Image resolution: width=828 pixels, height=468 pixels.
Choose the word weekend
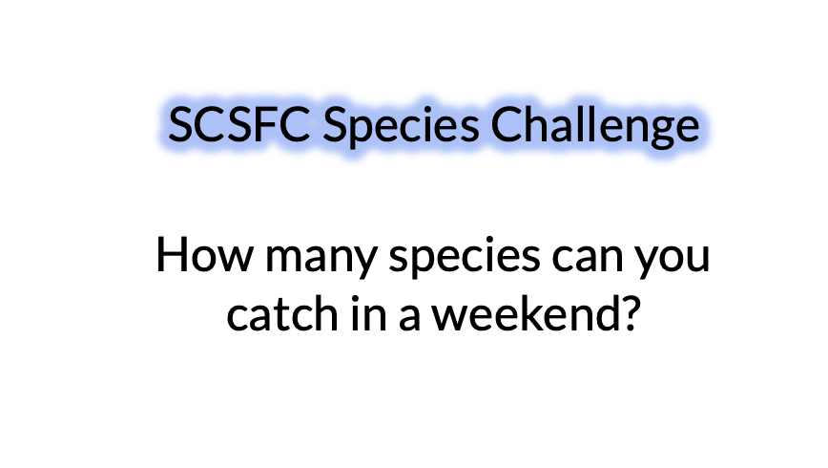tap(523, 311)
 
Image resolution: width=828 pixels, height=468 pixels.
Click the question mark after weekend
tap(623, 311)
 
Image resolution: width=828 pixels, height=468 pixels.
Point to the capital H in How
tap(173, 256)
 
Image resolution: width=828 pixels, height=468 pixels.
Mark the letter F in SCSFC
tap(266, 124)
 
